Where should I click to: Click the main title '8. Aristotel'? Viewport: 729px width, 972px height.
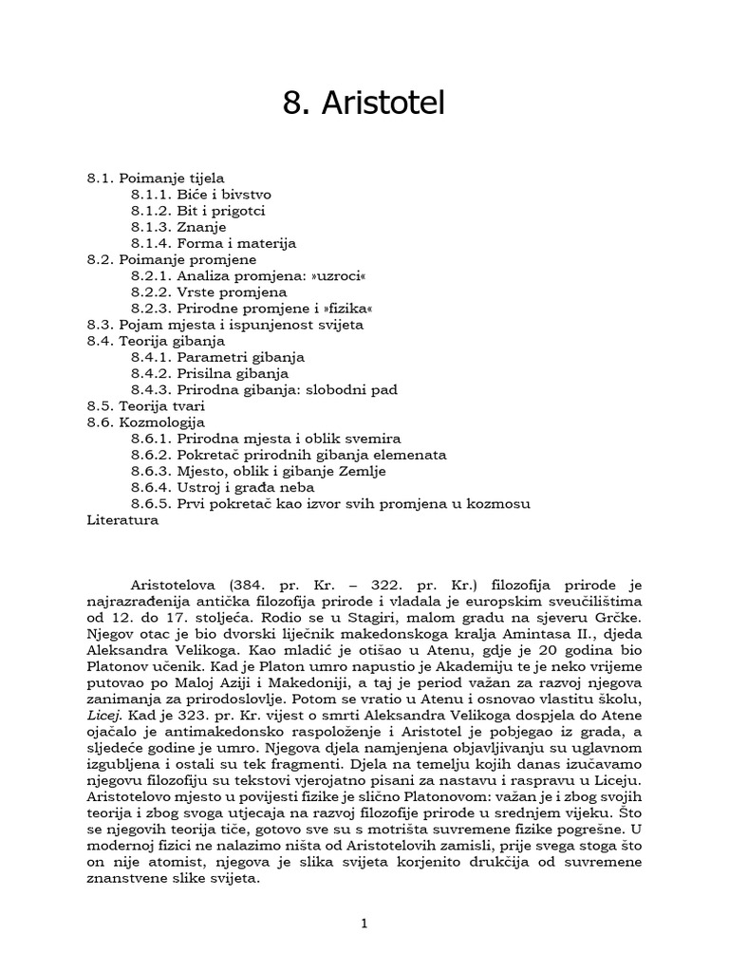click(x=364, y=104)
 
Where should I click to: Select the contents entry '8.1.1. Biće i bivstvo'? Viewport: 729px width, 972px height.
click(x=200, y=194)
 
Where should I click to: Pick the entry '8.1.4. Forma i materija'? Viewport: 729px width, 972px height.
click(x=214, y=243)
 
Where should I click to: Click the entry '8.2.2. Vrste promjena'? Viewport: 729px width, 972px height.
click(x=209, y=291)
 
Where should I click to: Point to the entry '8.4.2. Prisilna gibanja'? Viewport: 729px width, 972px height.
click(x=210, y=373)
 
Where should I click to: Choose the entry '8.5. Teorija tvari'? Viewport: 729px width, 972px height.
click(x=145, y=405)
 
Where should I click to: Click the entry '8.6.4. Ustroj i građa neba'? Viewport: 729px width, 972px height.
click(x=224, y=487)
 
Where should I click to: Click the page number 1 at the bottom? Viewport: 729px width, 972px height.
click(x=364, y=925)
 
